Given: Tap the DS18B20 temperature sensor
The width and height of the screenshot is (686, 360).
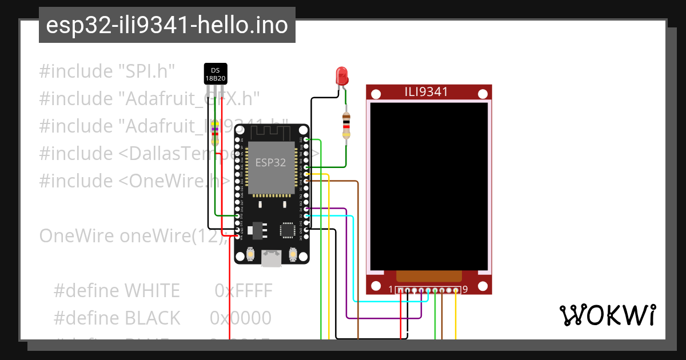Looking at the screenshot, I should (216, 73).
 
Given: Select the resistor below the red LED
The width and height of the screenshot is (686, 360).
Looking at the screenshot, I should (346, 126).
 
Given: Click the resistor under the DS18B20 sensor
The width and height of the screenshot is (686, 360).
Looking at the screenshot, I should (215, 133).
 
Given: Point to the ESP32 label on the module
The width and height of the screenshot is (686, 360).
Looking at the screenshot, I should (270, 163).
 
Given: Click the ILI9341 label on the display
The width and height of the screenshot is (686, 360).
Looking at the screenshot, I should (426, 92).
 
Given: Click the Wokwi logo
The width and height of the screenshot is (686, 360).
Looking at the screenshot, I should (607, 315).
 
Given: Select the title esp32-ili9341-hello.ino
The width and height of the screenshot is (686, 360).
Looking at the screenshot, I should (167, 25).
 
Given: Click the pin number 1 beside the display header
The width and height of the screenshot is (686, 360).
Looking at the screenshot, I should (391, 290).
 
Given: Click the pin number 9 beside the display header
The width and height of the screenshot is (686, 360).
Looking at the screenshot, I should (465, 290).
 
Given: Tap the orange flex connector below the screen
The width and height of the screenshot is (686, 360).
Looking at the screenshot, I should (428, 277).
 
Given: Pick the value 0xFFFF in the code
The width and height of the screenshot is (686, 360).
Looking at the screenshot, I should (244, 291).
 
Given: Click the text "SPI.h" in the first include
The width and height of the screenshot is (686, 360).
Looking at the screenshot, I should (146, 71).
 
